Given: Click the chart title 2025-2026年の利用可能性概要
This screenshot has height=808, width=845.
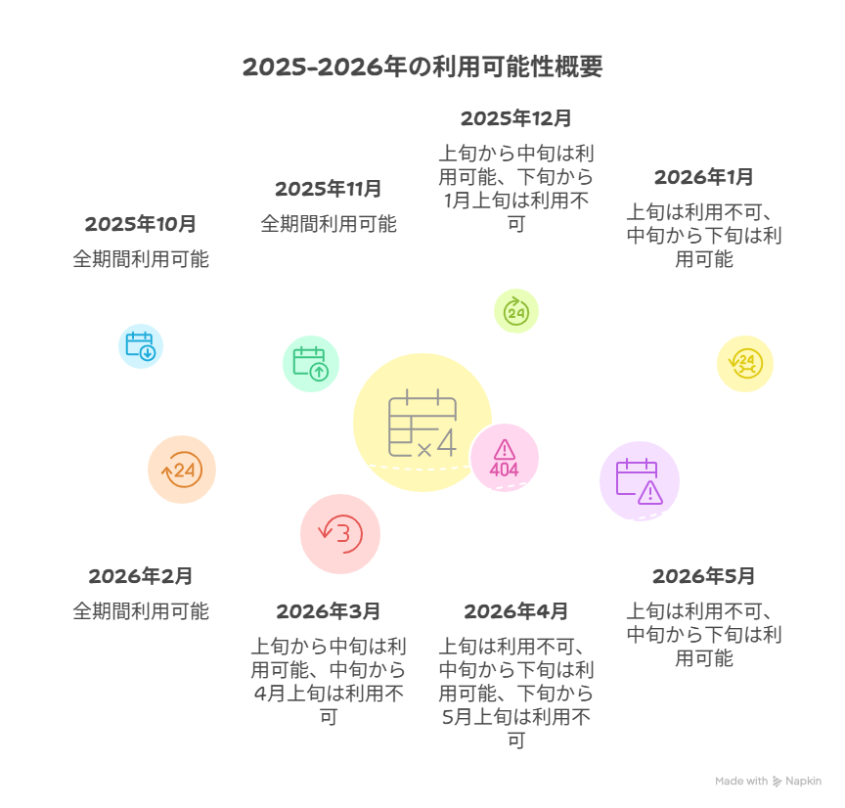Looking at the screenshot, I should pyautogui.click(x=422, y=67).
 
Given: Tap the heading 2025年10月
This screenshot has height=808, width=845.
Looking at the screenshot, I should pyautogui.click(x=141, y=224).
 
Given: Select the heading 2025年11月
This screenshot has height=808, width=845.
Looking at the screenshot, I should pyautogui.click(x=328, y=189).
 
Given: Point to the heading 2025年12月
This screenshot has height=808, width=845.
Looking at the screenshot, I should pyautogui.click(x=515, y=118).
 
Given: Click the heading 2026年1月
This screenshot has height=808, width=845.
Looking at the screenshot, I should pyautogui.click(x=703, y=177).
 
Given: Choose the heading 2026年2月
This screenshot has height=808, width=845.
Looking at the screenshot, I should pyautogui.click(x=141, y=576).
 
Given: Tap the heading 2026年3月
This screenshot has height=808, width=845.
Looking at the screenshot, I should pyautogui.click(x=328, y=611).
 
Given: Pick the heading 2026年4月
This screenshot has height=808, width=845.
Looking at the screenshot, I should pyautogui.click(x=515, y=611).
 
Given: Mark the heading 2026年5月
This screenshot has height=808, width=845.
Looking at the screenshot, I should pyautogui.click(x=703, y=576).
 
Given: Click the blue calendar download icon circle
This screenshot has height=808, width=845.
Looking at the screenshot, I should pyautogui.click(x=141, y=345).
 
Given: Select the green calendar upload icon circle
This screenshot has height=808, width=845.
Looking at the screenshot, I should pyautogui.click(x=311, y=363).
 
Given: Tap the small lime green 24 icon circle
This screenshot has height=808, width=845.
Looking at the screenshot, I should pyautogui.click(x=515, y=312).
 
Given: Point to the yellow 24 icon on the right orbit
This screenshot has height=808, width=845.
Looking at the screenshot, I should pyautogui.click(x=745, y=363).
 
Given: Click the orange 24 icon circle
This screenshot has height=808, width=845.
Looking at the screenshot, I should pyautogui.click(x=181, y=470).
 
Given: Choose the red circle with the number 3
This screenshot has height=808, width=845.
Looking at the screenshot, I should pyautogui.click(x=340, y=533).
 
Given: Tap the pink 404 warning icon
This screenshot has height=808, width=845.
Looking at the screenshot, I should pyautogui.click(x=505, y=458).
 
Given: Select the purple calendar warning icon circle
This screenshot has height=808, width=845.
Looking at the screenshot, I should pyautogui.click(x=640, y=480).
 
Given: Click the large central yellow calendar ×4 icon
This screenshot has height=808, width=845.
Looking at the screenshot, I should pyautogui.click(x=422, y=423).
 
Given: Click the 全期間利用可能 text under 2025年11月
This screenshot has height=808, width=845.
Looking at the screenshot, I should pyautogui.click(x=328, y=224).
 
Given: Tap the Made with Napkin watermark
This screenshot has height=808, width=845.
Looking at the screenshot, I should pyautogui.click(x=768, y=782).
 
